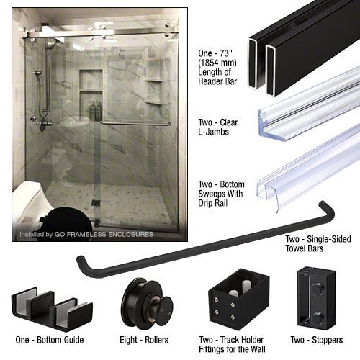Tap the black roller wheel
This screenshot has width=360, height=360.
[147, 302]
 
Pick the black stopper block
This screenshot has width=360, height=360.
[316, 298]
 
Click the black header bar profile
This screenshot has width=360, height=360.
[304, 48]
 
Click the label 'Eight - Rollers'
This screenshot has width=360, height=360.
[144, 340]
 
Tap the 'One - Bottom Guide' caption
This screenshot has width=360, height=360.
[50, 340]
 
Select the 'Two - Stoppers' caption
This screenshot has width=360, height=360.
[317, 340]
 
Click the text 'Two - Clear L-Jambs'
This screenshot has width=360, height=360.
[218, 127]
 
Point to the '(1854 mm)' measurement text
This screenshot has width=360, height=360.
[217, 63]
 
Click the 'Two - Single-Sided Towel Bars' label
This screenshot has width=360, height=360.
[318, 243]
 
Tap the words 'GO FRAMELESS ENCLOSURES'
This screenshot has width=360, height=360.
[104, 234]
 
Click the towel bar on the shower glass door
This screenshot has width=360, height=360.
[135, 124]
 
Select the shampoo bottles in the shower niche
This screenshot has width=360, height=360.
[96, 111]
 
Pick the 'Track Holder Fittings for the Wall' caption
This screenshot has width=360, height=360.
[232, 344]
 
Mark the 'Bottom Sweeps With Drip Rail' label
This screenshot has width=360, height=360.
[221, 194]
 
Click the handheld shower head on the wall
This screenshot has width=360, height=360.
[38, 73]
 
